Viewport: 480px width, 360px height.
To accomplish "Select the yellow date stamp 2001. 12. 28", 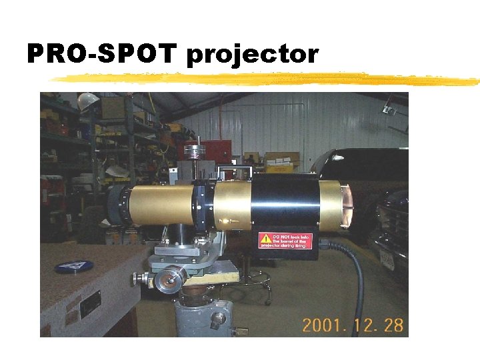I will (353, 325).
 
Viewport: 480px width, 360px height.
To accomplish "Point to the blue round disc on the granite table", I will (73, 267).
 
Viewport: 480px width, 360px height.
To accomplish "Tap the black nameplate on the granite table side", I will (90, 304).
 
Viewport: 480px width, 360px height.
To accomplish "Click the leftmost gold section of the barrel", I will (160, 204).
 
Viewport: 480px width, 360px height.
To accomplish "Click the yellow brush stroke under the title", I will (267, 80).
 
